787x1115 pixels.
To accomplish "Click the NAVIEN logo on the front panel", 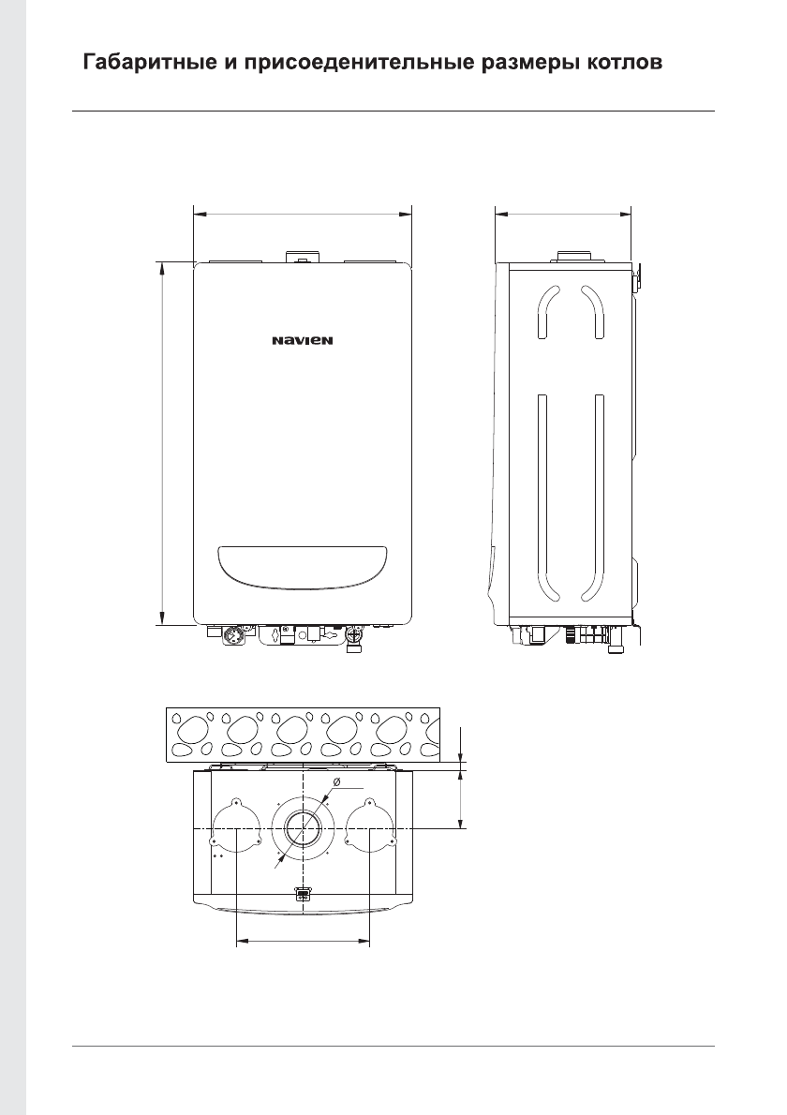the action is point(302,341).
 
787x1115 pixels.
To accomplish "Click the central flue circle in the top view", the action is point(304,829).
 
